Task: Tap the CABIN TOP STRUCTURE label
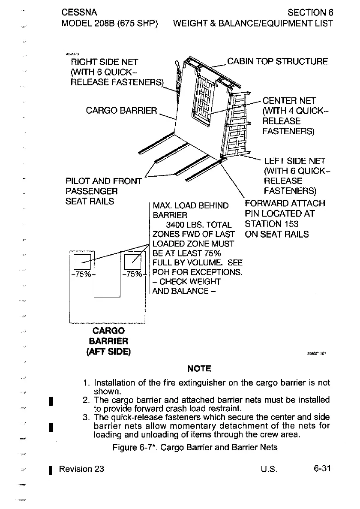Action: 277,61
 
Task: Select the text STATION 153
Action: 271,224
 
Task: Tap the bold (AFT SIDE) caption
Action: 109,352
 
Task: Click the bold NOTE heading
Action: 199,368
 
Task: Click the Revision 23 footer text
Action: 81,469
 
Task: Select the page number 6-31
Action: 321,468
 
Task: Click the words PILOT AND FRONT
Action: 103,181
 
